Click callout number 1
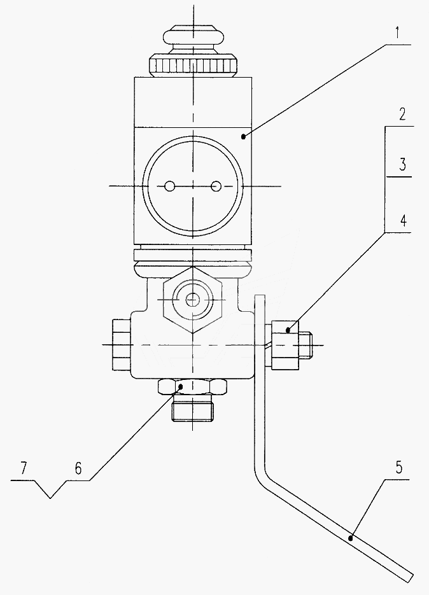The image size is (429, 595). [397, 33]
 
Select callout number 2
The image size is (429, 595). [402, 115]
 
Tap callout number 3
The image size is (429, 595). [402, 165]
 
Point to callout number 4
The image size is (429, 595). [403, 220]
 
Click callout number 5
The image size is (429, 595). [398, 468]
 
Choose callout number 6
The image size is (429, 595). [78, 468]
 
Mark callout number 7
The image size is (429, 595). [24, 468]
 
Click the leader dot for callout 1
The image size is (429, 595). [243, 137]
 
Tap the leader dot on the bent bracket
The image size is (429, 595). [351, 538]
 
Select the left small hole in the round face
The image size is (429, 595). [169, 186]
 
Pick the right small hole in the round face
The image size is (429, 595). [216, 186]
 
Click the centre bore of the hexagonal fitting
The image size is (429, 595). [192, 300]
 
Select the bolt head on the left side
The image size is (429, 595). [122, 344]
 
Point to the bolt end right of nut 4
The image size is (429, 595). [305, 346]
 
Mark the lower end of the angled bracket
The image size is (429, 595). [409, 578]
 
